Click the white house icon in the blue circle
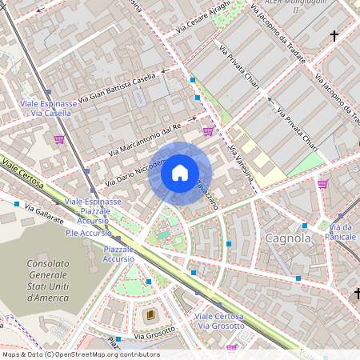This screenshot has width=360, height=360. (180, 173)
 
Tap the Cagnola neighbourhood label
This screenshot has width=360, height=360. (287, 238)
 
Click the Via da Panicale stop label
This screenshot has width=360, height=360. (340, 232)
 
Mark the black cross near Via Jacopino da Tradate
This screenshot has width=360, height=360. (334, 36)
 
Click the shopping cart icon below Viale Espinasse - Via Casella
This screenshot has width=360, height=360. (59, 139)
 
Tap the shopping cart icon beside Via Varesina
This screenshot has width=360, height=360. (209, 131)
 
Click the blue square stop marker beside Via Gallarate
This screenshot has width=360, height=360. (17, 205)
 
